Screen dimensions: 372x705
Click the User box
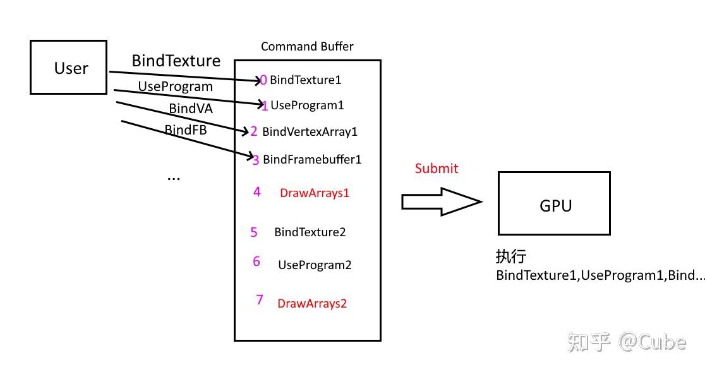[x=68, y=68]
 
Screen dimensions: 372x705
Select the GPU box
[x=554, y=203]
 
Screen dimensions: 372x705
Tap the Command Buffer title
[x=307, y=47]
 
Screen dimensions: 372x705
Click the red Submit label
[x=436, y=169]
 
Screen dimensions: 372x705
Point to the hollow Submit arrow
[x=441, y=201]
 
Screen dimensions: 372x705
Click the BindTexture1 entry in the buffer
[x=305, y=80]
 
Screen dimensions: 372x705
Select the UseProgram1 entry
[x=307, y=105]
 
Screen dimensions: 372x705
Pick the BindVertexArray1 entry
[x=310, y=132]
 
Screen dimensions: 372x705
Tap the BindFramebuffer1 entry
[x=312, y=160]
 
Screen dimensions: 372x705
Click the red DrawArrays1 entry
[x=314, y=193]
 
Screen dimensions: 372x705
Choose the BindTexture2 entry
[x=310, y=232]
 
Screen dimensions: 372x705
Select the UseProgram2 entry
[x=315, y=265]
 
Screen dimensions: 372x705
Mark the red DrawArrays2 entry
[x=312, y=304]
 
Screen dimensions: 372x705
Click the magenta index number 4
[x=256, y=192]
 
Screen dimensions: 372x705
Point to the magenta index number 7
[x=259, y=300]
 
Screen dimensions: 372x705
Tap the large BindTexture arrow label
[x=176, y=61]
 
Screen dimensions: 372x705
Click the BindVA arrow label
[x=190, y=109]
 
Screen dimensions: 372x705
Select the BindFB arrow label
[x=185, y=130]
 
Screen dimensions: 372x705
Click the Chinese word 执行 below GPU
[x=510, y=256]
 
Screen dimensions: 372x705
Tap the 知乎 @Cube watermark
[x=626, y=342]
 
